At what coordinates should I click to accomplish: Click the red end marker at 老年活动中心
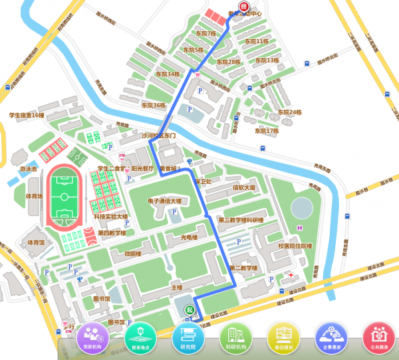[243, 6]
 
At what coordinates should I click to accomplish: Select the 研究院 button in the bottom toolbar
[188, 337]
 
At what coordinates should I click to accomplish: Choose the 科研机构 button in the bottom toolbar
[235, 337]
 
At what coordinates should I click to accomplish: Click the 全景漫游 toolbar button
[331, 337]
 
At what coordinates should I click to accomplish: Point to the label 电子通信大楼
[164, 200]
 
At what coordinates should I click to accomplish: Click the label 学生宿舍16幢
[27, 115]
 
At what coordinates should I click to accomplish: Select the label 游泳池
[28, 169]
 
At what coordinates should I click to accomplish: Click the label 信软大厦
[244, 188]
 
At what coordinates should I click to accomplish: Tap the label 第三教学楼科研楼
[241, 220]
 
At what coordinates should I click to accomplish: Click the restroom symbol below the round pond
[298, 226]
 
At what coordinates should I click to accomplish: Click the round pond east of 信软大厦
[302, 207]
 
